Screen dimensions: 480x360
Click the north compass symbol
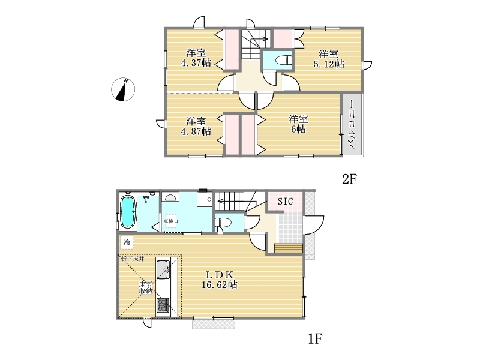[x=123, y=89]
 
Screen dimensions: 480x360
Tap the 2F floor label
[x=349, y=179]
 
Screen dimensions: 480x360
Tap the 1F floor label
[x=314, y=338]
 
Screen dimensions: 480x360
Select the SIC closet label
[x=286, y=201]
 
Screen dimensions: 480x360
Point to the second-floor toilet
[x=284, y=61]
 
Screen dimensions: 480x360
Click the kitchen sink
[x=163, y=269]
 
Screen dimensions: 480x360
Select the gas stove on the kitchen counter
[x=163, y=305]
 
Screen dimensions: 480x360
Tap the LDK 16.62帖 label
[x=219, y=280]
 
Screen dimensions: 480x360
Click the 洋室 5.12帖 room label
[x=329, y=59]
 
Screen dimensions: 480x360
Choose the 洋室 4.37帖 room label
[x=196, y=58]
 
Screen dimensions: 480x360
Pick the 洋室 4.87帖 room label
[x=196, y=126]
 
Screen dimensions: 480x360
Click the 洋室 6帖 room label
[x=298, y=124]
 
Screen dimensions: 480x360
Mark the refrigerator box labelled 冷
[x=127, y=242]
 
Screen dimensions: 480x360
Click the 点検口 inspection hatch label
[x=171, y=221]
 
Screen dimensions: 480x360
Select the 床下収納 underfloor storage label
[x=146, y=287]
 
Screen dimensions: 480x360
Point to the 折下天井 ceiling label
[x=133, y=259]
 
